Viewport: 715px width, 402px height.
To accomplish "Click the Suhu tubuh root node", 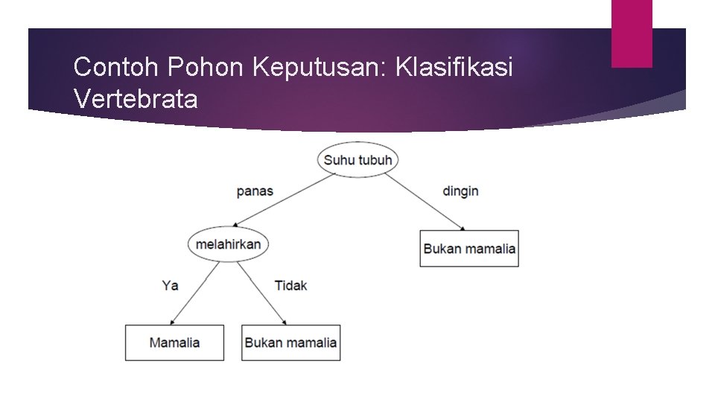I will (357, 159).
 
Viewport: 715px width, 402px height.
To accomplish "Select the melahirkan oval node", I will (228, 244).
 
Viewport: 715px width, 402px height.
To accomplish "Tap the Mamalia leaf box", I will (174, 343).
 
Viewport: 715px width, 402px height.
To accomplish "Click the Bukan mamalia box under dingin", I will (469, 249).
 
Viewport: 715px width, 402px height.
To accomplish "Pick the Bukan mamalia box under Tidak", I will (290, 343).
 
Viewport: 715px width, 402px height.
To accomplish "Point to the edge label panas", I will (255, 191).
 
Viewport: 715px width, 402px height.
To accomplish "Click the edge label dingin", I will (460, 191).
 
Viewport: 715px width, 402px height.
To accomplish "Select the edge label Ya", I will (170, 285).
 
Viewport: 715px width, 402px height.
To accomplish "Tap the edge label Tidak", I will (290, 285).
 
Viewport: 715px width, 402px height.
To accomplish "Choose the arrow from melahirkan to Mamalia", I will (195, 293).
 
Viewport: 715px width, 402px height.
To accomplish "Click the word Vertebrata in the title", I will (136, 98).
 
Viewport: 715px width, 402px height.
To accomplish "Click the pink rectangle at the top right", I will (632, 33).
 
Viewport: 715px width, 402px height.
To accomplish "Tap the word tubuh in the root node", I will (375, 160).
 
